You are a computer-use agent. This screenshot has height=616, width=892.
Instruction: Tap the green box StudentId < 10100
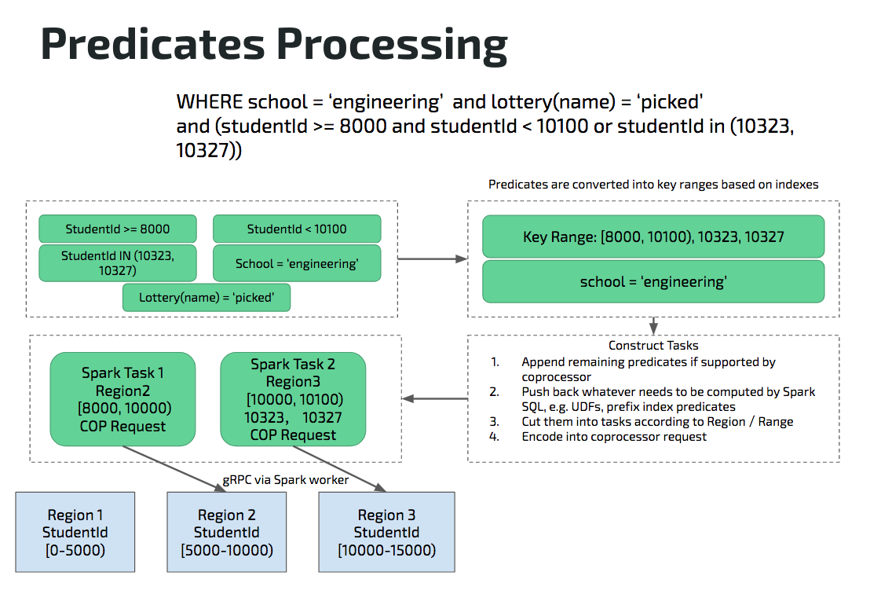pos(297,229)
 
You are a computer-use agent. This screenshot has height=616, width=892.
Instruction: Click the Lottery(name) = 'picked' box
pos(207,298)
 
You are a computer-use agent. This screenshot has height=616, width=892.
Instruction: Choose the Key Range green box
pos(653,236)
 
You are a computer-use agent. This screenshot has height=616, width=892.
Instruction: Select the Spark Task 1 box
pos(122,399)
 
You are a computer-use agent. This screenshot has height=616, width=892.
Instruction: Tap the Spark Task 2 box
pos(293,399)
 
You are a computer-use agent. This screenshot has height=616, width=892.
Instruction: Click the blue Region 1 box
pos(75,533)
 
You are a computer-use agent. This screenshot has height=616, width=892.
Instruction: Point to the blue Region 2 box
pos(227,533)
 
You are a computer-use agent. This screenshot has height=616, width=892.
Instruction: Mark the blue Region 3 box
pos(386,533)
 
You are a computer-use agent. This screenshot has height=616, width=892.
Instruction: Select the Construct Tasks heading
pos(653,346)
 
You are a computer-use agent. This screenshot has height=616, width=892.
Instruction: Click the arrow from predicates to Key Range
pos(432,258)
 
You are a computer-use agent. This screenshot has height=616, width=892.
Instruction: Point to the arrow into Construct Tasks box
pos(653,325)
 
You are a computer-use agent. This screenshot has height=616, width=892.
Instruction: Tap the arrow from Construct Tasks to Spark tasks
pos(435,399)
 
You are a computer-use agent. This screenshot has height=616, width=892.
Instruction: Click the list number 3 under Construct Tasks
pos(495,422)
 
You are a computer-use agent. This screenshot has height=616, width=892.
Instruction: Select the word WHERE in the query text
pos(209,102)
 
